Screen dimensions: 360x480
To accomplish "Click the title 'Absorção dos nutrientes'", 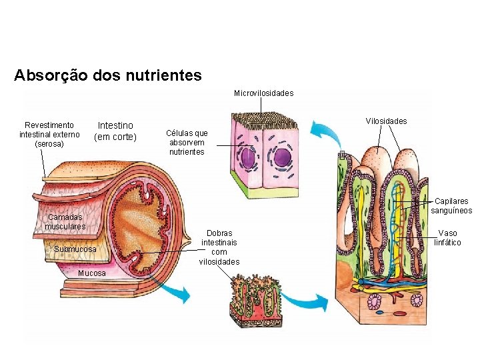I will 107,75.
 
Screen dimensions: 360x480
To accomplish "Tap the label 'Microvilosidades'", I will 263,93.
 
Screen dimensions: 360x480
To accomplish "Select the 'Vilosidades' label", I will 386,121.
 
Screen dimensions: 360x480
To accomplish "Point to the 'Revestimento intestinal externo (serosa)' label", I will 49,134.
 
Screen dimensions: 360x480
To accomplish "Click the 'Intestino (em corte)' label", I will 115,131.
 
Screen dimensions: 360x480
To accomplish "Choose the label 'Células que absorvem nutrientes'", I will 187,143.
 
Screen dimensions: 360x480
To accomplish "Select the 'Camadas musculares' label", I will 65,221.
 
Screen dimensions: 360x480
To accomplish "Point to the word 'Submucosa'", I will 75,249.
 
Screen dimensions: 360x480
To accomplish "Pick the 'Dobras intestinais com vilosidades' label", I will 219,247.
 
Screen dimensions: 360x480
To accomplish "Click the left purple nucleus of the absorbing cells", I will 248,159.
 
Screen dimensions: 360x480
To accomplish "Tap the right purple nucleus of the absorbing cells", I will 283,158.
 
